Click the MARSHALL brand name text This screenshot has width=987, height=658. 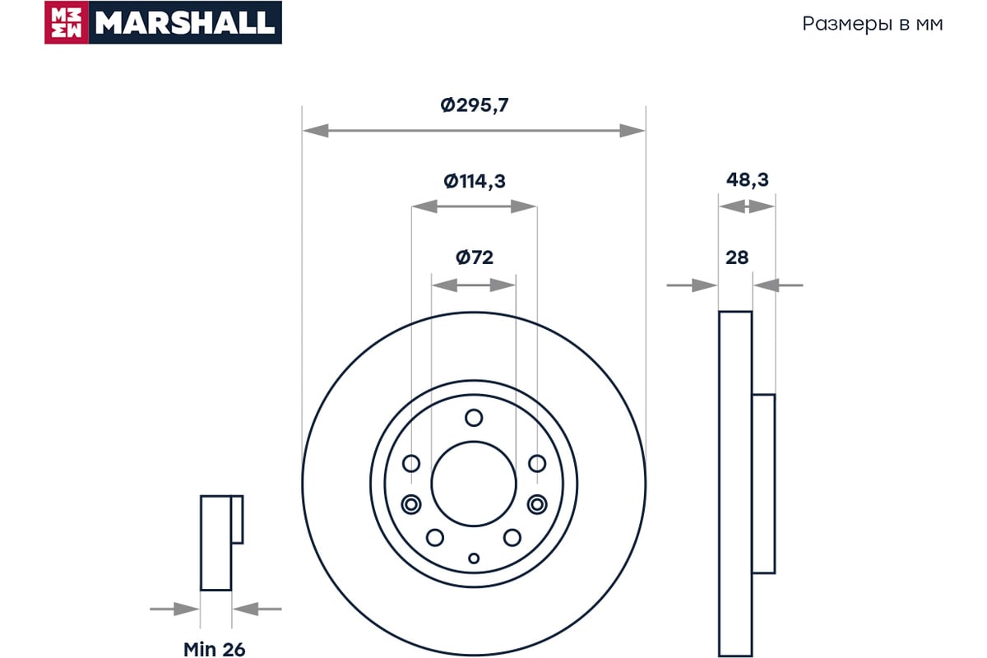(185, 22)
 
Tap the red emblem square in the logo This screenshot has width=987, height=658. (67, 22)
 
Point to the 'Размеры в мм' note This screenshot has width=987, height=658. (872, 24)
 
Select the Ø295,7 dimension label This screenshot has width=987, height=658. (474, 105)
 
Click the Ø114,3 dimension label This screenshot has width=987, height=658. (474, 181)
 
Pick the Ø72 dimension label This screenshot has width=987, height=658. (474, 257)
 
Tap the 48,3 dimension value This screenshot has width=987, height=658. (748, 180)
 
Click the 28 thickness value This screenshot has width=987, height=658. (737, 257)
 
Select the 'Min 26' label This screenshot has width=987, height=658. (214, 649)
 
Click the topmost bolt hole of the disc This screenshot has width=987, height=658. (474, 417)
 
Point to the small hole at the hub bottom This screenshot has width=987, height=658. (474, 558)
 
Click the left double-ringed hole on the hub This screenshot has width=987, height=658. (411, 504)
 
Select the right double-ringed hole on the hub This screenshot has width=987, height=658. (537, 504)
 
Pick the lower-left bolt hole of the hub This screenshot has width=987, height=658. (435, 537)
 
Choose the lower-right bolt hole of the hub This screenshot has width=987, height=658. (512, 537)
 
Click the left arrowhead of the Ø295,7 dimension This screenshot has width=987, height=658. (316, 131)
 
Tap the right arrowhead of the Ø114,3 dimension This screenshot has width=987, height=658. (523, 206)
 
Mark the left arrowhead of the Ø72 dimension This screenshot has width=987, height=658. (444, 285)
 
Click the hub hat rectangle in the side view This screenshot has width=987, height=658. (763, 484)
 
